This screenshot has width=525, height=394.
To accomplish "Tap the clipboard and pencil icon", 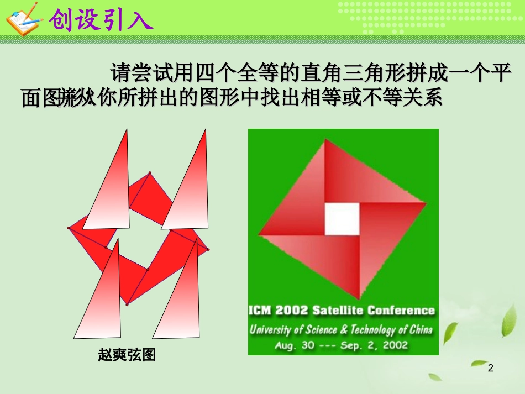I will (22, 19).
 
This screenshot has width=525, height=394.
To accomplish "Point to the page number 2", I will (491, 368).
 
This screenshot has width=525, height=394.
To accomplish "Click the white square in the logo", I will (342, 218).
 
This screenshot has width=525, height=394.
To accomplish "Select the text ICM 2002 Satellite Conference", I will (342, 310).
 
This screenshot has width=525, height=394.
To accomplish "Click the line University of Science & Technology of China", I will (342, 330).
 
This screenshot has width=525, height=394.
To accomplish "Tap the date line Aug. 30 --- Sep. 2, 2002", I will (341, 345).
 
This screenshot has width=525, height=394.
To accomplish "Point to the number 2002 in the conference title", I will (291, 310).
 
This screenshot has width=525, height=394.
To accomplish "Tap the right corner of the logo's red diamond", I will (426, 203).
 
